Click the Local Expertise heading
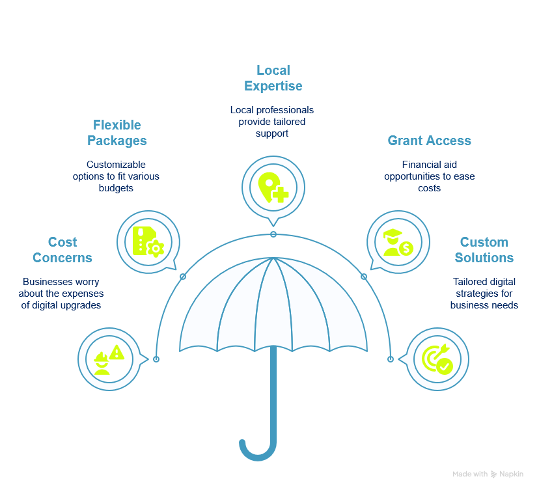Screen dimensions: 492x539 click(273, 78)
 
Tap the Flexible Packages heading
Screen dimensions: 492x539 click(117, 133)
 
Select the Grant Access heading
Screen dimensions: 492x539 click(429, 141)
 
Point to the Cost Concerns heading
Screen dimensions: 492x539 click(62, 250)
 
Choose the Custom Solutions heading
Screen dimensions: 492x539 click(484, 250)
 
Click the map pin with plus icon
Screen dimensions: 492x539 click(273, 187)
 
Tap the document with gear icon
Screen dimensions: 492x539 click(148, 241)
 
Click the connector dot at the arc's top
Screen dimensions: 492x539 click(273, 234)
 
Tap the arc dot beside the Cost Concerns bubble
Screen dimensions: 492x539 click(156, 359)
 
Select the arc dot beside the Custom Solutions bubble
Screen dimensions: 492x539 click(391, 359)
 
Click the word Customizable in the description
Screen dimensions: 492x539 click(116, 165)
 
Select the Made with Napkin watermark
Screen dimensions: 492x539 click(488, 474)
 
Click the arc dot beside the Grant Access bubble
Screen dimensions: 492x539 click(364, 277)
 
